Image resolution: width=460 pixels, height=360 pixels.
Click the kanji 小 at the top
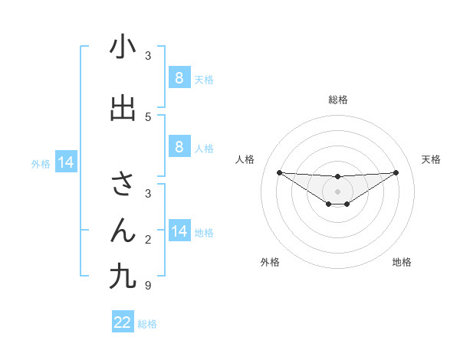point(123,47)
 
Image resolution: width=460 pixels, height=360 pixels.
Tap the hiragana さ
point(123,184)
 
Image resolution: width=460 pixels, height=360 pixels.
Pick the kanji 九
point(123,276)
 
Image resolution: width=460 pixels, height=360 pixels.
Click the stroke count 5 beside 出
point(148,116)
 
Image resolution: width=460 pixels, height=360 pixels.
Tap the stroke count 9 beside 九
point(148,286)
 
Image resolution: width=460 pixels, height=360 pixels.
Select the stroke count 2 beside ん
point(148,240)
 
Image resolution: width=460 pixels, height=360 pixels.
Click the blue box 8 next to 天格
point(179,77)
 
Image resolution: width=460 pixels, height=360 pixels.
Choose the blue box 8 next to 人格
point(179,146)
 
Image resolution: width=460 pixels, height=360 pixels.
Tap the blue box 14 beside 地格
point(179,231)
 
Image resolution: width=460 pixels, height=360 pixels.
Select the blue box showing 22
point(123,322)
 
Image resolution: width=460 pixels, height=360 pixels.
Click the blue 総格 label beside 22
point(147,324)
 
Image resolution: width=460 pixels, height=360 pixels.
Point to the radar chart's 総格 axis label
point(337,100)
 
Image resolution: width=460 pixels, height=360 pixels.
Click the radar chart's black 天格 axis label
point(431,159)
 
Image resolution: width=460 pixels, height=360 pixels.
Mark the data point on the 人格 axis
point(279,172)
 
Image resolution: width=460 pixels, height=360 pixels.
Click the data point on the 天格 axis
point(396,172)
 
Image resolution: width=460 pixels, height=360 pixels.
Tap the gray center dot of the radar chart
point(337,191)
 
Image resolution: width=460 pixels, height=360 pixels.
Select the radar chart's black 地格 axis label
point(402,262)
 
